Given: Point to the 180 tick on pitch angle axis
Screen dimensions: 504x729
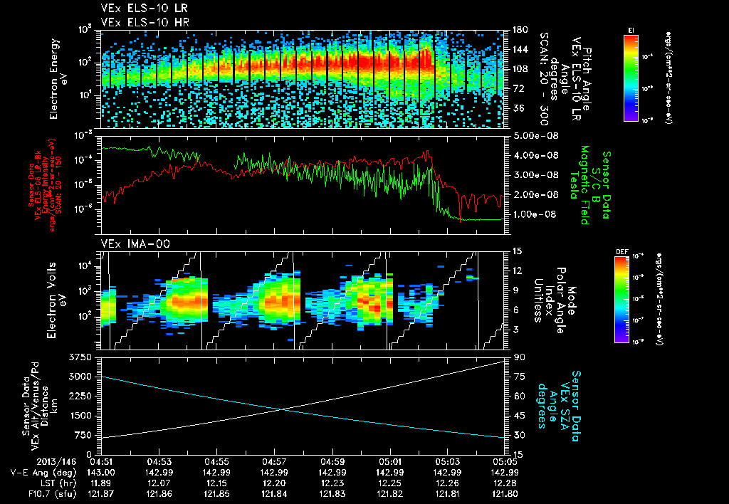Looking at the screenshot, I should pyautogui.click(x=520, y=30).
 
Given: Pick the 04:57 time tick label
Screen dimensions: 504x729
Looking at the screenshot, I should pyautogui.click(x=274, y=461).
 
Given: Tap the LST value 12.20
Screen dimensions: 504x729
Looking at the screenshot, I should pyautogui.click(x=274, y=483).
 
